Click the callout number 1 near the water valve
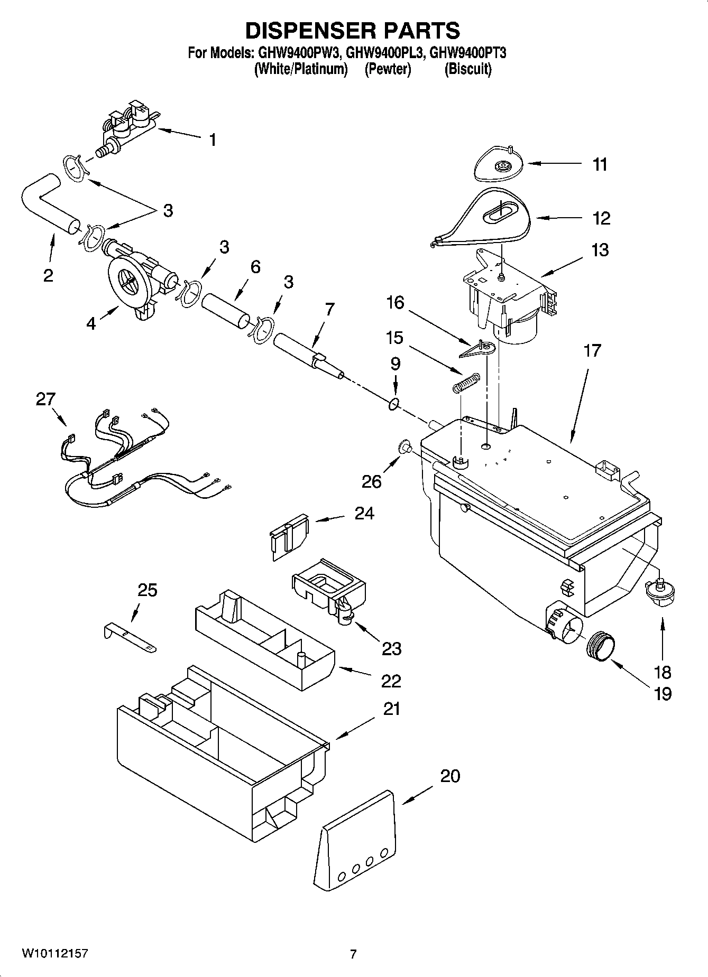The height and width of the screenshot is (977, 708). coord(212,140)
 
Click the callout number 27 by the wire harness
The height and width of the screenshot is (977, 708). coord(46,399)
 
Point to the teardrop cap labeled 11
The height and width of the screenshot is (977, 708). coord(497,164)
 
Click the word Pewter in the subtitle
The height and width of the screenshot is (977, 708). coord(388,69)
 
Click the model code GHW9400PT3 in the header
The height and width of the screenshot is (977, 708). coord(468,53)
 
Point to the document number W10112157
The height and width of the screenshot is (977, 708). coord(54,954)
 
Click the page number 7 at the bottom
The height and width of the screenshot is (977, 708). coord(353,954)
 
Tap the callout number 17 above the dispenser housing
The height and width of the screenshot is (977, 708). coord(592,350)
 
